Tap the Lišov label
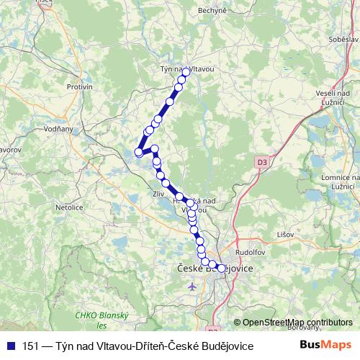pos(287,235)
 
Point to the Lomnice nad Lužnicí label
pos(338,182)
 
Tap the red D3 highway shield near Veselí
pos(261,163)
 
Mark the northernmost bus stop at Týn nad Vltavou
pos(186,72)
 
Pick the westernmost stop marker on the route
pos(138,152)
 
